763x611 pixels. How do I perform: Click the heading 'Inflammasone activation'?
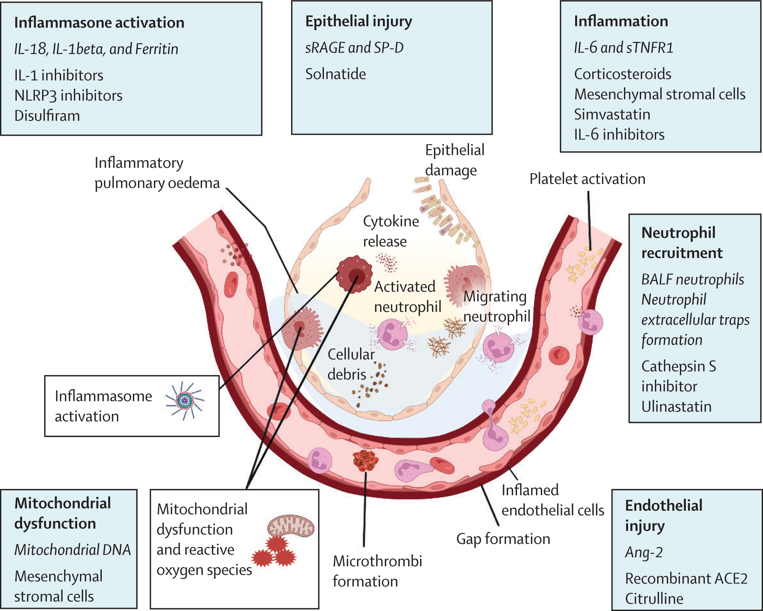point(99,23)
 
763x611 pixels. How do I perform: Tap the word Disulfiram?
point(47,116)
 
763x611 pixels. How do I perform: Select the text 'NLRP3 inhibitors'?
point(68,96)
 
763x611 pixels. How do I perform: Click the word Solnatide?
point(335,74)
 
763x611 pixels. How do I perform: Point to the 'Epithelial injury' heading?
point(359,21)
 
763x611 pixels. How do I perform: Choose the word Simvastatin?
point(612,114)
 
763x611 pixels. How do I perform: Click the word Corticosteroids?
point(622,74)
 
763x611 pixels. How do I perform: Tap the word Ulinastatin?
point(676,407)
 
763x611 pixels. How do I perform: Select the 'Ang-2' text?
point(644,552)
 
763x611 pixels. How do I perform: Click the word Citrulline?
point(654,598)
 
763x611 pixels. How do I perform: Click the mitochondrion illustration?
point(290,526)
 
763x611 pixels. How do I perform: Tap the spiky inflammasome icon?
point(184,400)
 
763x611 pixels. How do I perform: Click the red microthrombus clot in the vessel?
point(366,460)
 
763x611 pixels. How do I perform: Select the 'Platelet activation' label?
point(587,179)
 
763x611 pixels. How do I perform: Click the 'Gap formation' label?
point(503,539)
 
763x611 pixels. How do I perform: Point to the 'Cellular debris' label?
point(350,364)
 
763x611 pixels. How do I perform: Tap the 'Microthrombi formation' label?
point(377,571)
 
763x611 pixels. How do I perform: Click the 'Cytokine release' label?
point(391,231)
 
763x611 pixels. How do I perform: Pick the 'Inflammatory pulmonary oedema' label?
point(157,173)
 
